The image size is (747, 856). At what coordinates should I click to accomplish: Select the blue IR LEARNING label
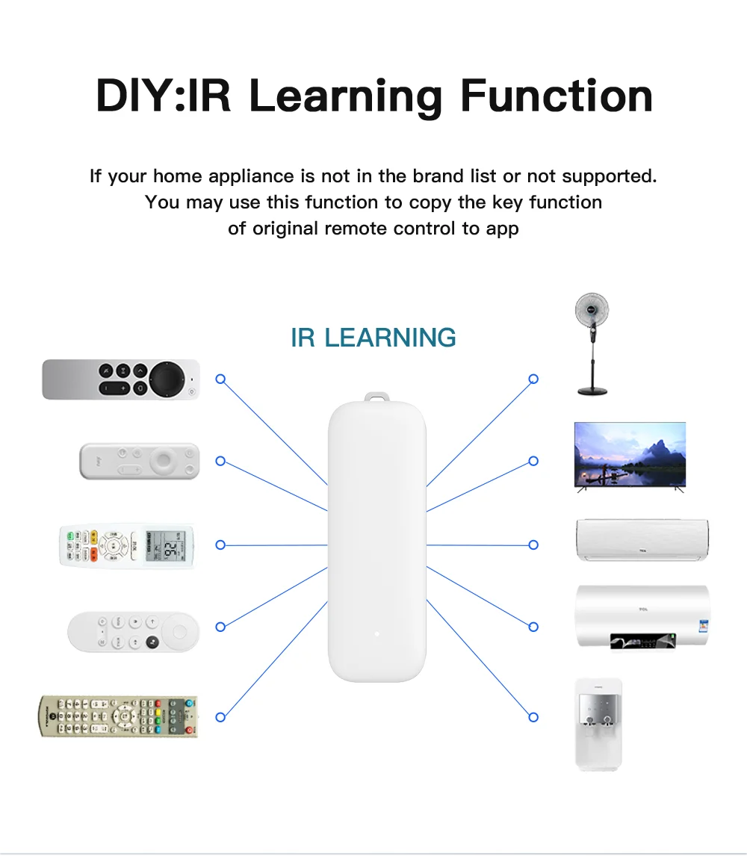(373, 338)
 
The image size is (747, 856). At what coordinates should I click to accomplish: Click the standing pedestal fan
(592, 343)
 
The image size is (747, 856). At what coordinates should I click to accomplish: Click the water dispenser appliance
(598, 722)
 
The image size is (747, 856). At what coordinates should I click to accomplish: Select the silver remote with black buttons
(121, 379)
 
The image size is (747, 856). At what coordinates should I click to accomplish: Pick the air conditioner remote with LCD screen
(127, 545)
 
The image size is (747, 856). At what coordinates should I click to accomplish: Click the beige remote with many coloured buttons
(119, 716)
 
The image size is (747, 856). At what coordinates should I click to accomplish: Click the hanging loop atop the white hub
(376, 400)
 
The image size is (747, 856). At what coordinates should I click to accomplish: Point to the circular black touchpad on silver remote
(167, 379)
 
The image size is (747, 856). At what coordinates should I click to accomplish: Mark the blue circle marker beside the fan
(533, 379)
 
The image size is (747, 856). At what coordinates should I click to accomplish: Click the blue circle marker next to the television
(533, 461)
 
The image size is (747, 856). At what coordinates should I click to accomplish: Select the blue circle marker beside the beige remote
(220, 717)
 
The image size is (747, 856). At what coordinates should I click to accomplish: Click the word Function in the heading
(557, 96)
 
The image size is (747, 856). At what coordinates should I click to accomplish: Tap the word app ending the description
(502, 229)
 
